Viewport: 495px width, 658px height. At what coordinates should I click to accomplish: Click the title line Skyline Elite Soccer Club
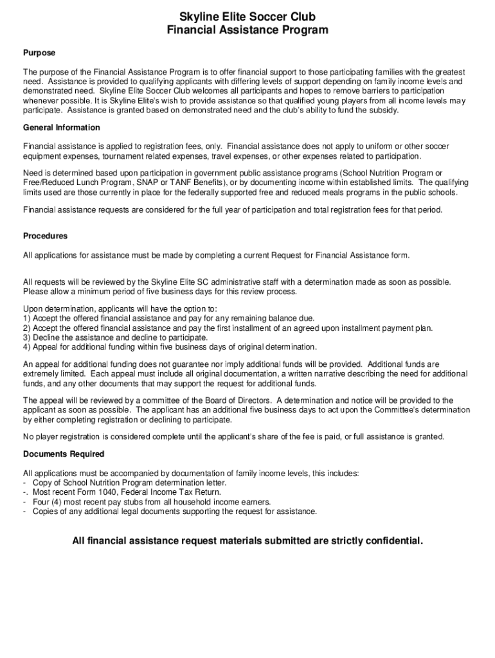[x=248, y=17]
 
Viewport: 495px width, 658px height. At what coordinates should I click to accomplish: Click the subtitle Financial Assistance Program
[x=248, y=30]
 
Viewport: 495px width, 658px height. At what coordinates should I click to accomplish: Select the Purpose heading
[x=39, y=53]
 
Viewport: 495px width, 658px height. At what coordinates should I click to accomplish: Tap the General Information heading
[x=62, y=128]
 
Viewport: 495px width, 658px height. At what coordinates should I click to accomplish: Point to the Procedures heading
[x=45, y=236]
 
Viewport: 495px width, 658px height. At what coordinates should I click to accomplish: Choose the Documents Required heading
[x=64, y=454]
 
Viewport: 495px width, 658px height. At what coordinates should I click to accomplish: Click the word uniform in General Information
[x=363, y=147]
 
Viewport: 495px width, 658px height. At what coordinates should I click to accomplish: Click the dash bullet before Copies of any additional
[x=24, y=511]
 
